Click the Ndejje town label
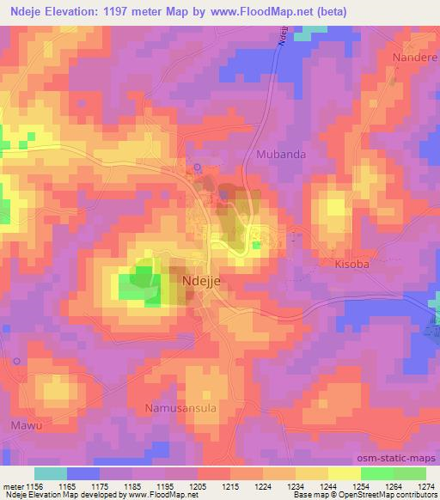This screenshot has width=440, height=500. tap(204, 279)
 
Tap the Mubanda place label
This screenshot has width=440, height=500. tap(281, 154)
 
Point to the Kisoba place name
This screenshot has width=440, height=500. tap(351, 265)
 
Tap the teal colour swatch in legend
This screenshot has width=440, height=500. tap(50, 473)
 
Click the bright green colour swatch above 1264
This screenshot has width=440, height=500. tap(377, 473)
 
